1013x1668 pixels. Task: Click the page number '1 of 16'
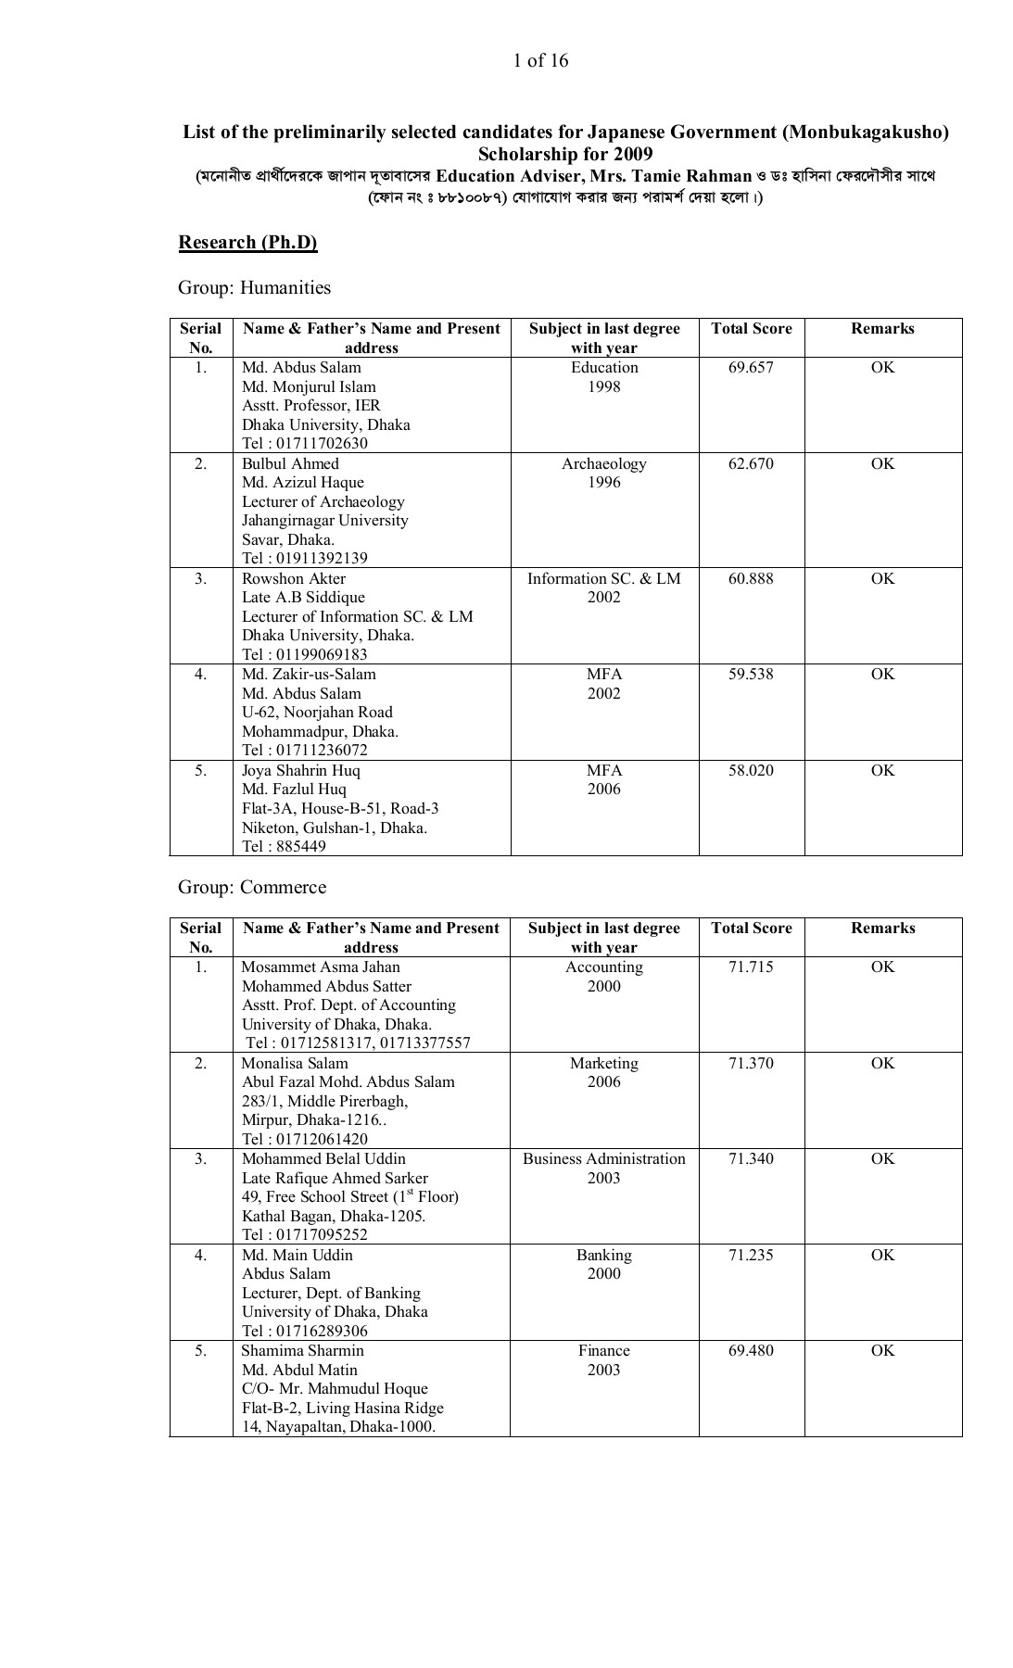[x=540, y=61]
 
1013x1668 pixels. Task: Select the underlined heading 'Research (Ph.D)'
[x=247, y=242]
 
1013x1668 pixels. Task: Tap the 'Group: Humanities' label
[x=254, y=287]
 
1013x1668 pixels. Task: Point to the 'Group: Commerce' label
[x=252, y=887]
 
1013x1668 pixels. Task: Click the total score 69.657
[x=751, y=367]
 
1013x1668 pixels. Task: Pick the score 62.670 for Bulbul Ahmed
[x=751, y=463]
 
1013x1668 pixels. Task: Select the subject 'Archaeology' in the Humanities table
[x=603, y=463]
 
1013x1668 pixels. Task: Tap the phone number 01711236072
[x=319, y=750]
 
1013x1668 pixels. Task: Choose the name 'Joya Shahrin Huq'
[x=301, y=770]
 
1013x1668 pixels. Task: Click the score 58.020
[x=751, y=770]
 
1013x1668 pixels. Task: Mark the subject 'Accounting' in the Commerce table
[x=603, y=967]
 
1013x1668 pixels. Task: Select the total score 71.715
[x=751, y=967]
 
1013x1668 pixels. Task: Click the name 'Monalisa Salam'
[x=295, y=1063]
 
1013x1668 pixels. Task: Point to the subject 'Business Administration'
[x=603, y=1158]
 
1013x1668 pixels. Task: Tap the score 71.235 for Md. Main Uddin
[x=751, y=1255]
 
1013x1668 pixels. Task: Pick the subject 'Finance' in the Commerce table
[x=603, y=1350]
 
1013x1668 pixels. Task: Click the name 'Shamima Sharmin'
[x=302, y=1350]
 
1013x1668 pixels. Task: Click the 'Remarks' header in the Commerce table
[x=882, y=928]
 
